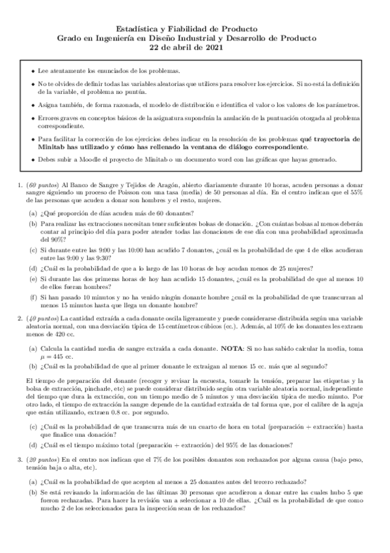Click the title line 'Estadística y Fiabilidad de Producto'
(195, 29)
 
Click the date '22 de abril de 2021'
(195, 48)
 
